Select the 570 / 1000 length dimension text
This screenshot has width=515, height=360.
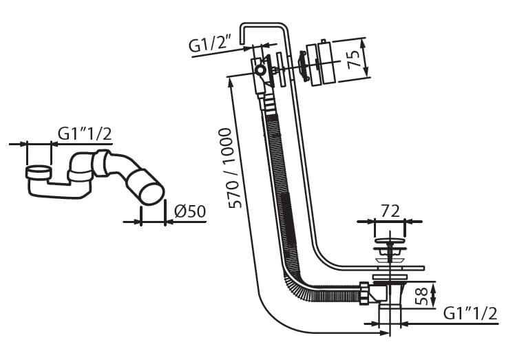234,168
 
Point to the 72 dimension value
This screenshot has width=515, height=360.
390,212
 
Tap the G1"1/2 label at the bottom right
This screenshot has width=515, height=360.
470,313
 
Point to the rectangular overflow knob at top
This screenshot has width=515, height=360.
319,65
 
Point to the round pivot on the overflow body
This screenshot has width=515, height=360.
260,70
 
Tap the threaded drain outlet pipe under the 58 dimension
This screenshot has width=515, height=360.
390,313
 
